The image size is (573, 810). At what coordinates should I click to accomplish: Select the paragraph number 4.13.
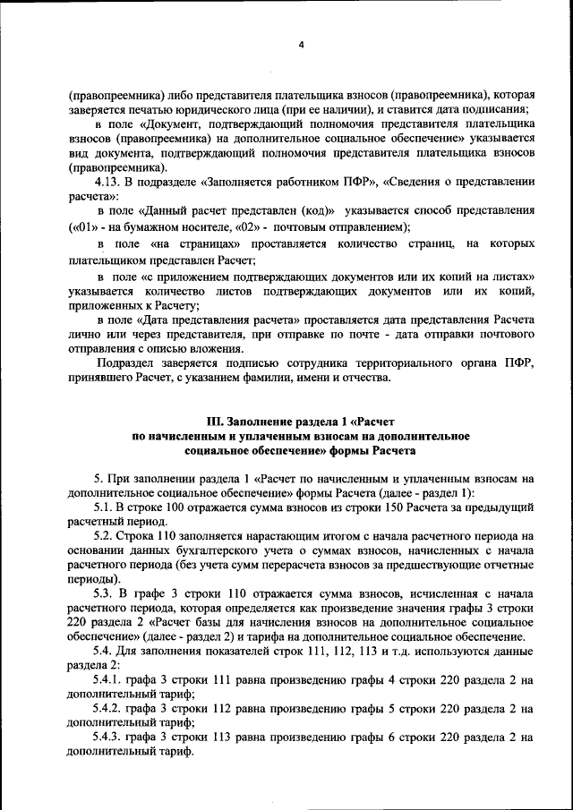(111, 182)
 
